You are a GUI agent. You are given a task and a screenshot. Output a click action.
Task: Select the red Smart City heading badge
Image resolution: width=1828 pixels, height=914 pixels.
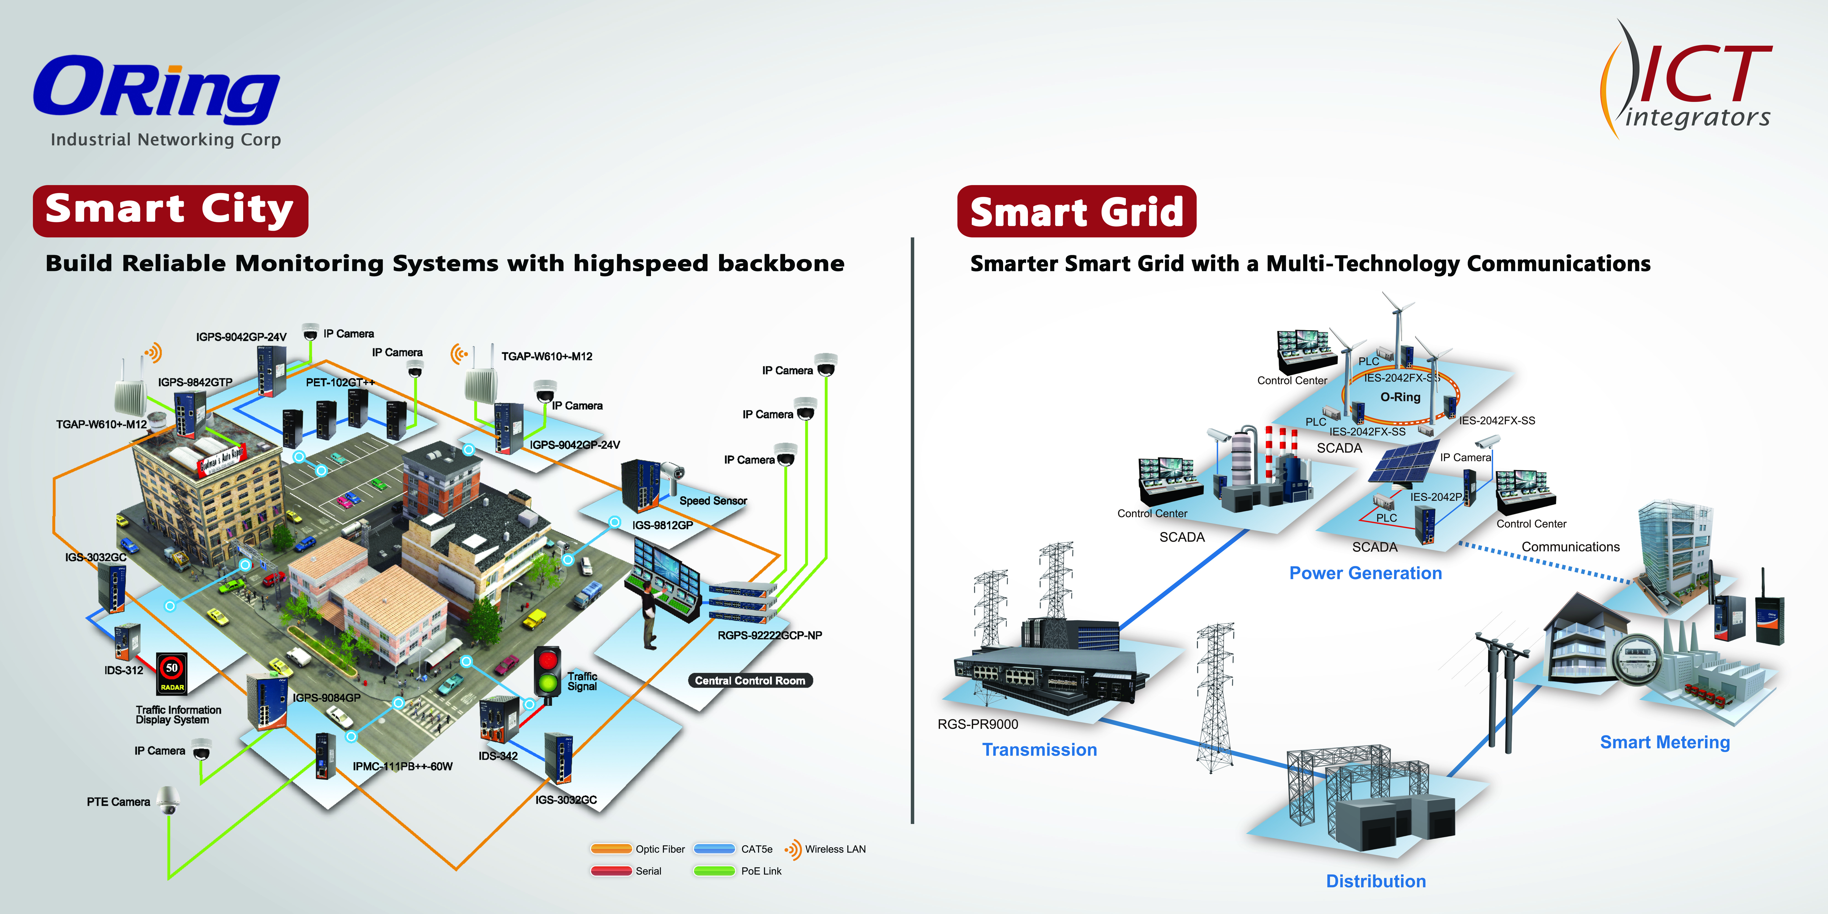[170, 211]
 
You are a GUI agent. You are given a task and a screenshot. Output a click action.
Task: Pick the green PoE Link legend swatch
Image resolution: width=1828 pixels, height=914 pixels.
[714, 871]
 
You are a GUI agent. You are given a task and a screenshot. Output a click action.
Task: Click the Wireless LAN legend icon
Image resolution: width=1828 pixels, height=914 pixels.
[793, 849]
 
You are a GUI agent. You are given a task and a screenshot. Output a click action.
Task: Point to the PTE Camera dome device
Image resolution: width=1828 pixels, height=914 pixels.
[167, 800]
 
